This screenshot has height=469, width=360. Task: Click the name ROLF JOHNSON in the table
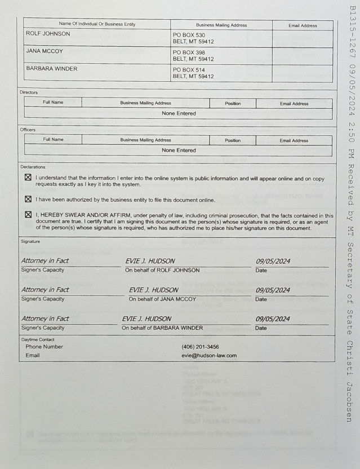point(48,34)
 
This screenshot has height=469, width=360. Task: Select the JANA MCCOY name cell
point(45,51)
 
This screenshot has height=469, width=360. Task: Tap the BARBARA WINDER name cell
point(52,69)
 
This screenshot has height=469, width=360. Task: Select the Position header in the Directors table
point(233,103)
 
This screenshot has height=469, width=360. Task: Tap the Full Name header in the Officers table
point(53,140)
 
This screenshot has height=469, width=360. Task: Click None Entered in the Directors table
point(179,113)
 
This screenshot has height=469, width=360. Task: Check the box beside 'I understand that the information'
point(28,178)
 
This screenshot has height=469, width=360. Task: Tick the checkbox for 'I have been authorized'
point(28,199)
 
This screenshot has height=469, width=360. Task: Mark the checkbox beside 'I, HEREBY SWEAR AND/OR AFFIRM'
point(28,215)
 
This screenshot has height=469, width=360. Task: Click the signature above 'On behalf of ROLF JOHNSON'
point(150,261)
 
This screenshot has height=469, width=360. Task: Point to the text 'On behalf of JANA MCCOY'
point(162,299)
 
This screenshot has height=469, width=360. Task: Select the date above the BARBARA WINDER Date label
point(273,319)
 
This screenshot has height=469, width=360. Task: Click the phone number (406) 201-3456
point(200,347)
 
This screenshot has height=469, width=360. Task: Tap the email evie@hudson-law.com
point(209,356)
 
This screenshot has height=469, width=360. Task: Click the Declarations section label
point(33,167)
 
